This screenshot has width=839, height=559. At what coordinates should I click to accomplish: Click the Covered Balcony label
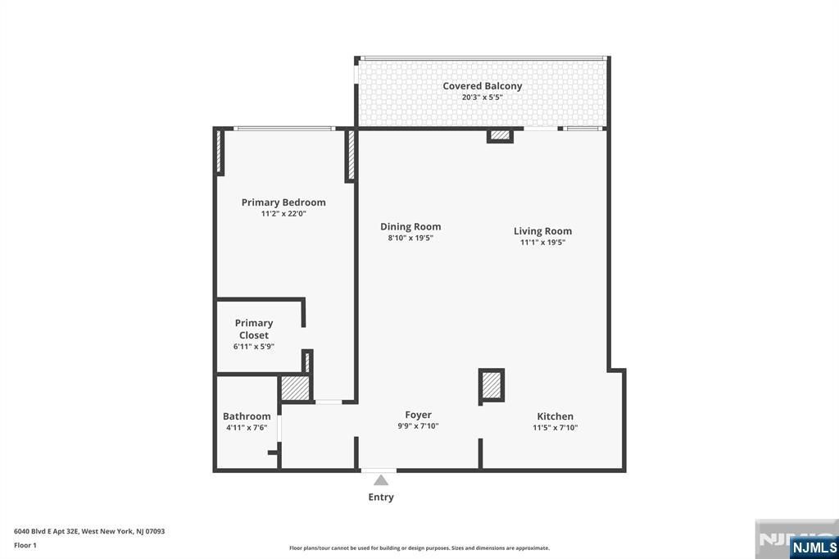[482, 86]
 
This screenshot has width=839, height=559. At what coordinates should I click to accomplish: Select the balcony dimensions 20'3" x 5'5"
[482, 98]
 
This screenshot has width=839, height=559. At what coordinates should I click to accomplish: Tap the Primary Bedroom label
[283, 202]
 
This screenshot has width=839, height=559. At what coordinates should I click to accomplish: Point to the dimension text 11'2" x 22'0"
[283, 214]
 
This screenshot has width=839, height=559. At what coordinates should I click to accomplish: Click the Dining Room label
[410, 227]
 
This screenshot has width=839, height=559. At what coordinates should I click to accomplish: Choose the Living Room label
[542, 231]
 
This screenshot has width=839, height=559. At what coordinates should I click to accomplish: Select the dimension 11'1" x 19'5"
[542, 243]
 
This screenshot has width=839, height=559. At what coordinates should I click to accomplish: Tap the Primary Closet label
[254, 329]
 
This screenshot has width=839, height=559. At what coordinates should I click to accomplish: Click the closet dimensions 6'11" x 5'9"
[254, 347]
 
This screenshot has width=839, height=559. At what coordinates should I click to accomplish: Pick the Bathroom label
[247, 416]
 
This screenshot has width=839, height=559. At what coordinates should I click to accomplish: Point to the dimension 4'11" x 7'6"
[247, 428]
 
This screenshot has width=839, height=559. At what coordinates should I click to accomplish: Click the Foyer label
[418, 415]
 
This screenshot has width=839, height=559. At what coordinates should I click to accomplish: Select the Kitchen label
[555, 416]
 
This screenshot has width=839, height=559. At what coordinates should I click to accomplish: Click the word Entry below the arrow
[381, 497]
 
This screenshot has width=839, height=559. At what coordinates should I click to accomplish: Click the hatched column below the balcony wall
[500, 134]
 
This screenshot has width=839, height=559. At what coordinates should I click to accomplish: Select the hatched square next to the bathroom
[295, 388]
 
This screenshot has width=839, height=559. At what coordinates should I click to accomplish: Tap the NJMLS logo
[814, 547]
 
